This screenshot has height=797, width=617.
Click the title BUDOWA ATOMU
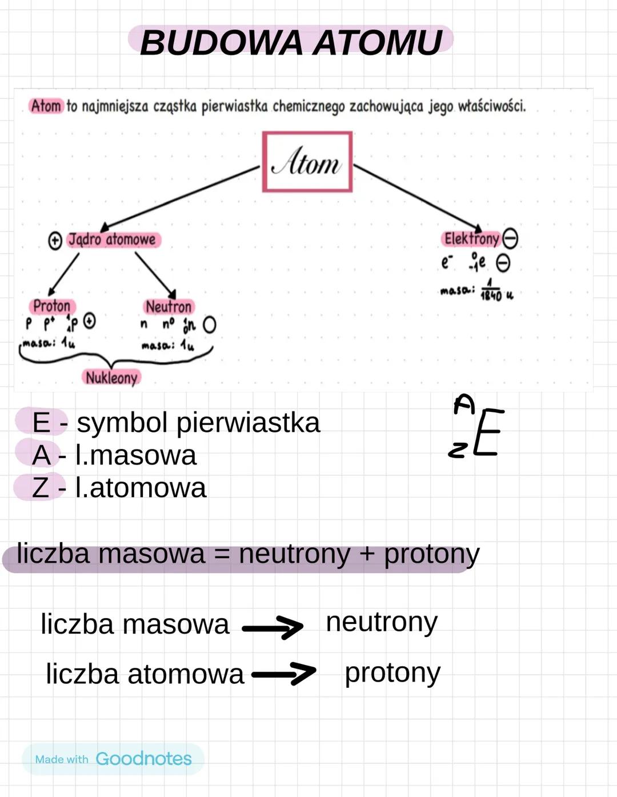click(x=291, y=42)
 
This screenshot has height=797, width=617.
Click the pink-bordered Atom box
click(x=307, y=162)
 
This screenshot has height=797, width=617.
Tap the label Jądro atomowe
click(x=113, y=239)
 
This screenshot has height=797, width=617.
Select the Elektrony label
click(x=471, y=239)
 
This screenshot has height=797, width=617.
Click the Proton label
click(x=51, y=306)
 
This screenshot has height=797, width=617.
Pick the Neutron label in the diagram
click(x=169, y=307)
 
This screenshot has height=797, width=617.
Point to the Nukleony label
click(x=111, y=378)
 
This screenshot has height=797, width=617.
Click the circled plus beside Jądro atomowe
click(x=55, y=241)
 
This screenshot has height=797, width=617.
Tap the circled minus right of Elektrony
click(x=510, y=239)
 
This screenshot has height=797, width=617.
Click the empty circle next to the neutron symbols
click(x=210, y=325)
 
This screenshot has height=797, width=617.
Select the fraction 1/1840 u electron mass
click(x=491, y=291)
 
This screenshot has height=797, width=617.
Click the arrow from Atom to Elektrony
click(x=418, y=198)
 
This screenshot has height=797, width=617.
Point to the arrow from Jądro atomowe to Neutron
click(x=155, y=275)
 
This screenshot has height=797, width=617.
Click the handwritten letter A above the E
click(x=464, y=404)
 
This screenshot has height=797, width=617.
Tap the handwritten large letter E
click(x=488, y=432)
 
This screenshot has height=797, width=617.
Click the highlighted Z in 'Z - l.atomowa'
click(x=40, y=488)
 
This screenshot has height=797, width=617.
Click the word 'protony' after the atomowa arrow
click(x=392, y=674)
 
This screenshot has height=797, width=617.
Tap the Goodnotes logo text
click(x=143, y=759)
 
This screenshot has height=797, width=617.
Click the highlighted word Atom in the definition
click(x=46, y=106)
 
